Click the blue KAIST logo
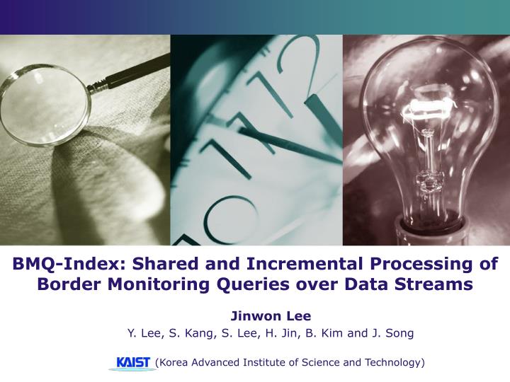[133, 362]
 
